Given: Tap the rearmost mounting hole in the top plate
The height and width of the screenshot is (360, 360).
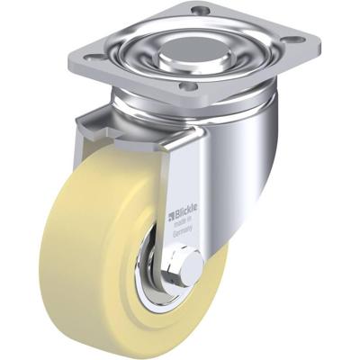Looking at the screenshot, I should point(201,12).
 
